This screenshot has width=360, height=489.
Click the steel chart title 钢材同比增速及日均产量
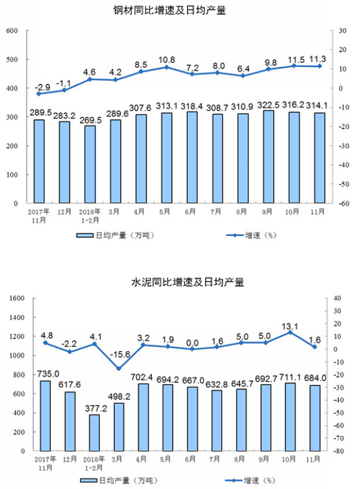[169, 11]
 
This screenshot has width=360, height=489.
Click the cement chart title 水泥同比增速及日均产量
[187, 282]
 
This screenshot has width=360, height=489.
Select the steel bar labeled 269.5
[90, 164]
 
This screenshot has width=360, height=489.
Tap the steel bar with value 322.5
[269, 156]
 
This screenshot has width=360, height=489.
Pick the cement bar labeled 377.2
[94, 433]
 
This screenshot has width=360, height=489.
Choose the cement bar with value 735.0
[45, 416]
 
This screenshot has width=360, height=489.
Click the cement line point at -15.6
[119, 369]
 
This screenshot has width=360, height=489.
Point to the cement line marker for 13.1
[290, 333]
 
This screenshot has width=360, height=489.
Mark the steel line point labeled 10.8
[166, 67]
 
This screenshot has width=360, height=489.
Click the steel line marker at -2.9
[38, 94]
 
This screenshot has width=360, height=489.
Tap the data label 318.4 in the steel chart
[192, 107]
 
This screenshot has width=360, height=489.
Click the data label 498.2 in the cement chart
[119, 397]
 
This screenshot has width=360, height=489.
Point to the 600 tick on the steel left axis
[12, 30]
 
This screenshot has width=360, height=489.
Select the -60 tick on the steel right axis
[343, 204]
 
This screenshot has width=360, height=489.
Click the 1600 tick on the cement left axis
[17, 298]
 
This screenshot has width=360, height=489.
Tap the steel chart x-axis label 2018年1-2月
[90, 216]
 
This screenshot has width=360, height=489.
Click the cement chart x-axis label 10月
[289, 459]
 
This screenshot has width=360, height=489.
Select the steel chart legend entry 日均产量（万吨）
[115, 235]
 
